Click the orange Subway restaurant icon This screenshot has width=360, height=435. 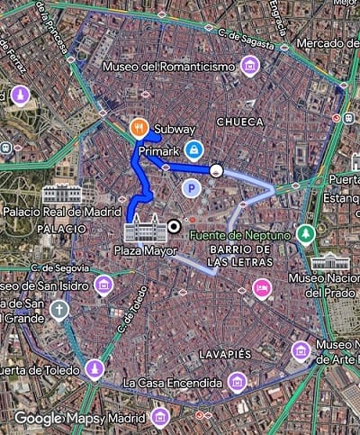tap(139, 127)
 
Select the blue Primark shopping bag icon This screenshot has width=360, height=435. tap(192, 149)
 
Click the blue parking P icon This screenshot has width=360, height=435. tap(191, 187)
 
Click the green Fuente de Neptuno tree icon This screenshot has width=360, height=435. tap(306, 232)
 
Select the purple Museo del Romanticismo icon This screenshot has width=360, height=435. tap(250, 65)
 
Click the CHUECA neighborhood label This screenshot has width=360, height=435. tap(239, 120)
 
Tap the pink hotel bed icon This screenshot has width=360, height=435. tap(262, 287)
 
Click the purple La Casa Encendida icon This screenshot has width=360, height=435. tap(237, 382)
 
